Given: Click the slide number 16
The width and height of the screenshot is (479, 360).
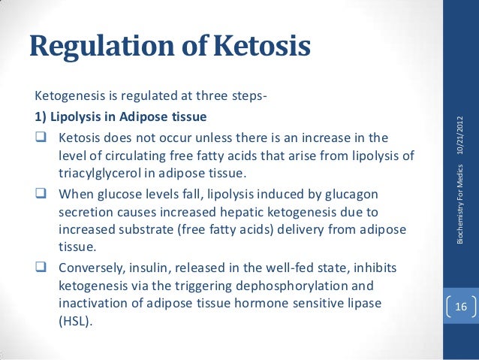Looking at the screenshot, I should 460,307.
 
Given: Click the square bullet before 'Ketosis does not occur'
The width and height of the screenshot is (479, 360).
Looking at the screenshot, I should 41,139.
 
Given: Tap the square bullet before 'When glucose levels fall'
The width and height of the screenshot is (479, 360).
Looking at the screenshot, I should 41,195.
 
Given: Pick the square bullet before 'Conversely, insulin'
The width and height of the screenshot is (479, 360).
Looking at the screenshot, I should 41,268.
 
